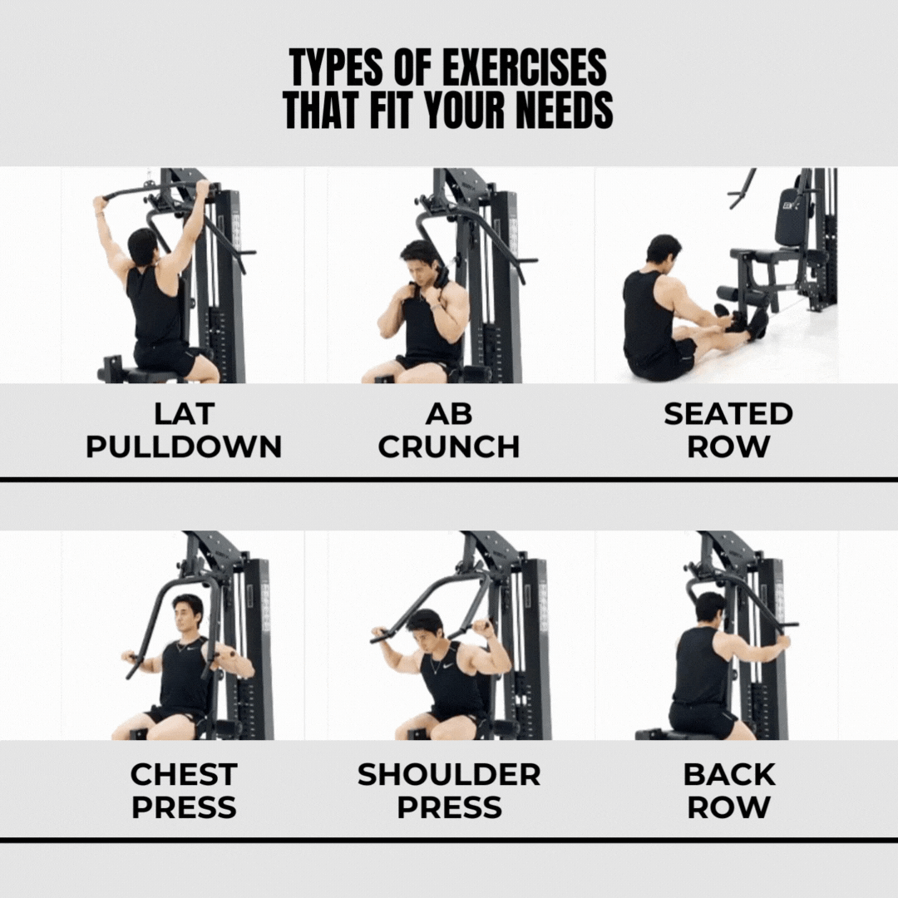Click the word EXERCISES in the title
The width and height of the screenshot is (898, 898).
[x=524, y=67]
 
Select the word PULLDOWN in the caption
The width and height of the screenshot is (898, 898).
[x=184, y=447]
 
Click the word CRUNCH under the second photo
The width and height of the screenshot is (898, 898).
[x=448, y=447]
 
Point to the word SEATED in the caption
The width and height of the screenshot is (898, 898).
[x=728, y=413]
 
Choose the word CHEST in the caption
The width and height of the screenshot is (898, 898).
[x=184, y=774]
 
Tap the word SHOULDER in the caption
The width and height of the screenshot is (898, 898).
[x=449, y=774]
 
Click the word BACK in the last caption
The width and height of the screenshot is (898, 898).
[x=729, y=774]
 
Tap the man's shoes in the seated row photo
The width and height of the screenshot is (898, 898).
[x=743, y=322]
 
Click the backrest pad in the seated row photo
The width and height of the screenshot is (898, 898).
[x=790, y=216]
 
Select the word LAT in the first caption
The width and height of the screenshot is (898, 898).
[x=184, y=413]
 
